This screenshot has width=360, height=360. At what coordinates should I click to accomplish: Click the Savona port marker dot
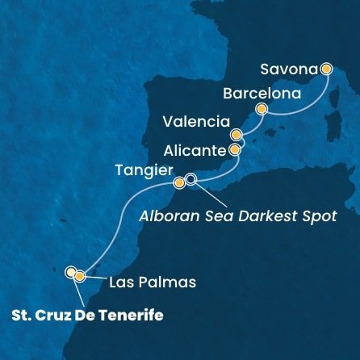(327, 69)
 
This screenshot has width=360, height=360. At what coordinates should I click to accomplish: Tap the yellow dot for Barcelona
(261, 108)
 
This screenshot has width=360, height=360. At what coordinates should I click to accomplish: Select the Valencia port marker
(236, 135)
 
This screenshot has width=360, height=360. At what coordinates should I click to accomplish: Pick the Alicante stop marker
(234, 149)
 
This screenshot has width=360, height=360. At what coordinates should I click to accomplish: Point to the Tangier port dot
(179, 182)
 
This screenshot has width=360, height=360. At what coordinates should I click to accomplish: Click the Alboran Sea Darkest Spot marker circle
(191, 180)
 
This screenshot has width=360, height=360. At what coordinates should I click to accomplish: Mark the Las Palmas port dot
(80, 276)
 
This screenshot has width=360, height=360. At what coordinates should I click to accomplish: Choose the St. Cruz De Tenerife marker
(71, 272)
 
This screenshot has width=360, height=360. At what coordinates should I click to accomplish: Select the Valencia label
(194, 123)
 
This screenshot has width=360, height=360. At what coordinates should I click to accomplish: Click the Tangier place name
(147, 171)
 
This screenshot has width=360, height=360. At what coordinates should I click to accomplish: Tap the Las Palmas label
(142, 283)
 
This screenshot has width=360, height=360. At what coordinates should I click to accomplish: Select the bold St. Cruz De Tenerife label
(89, 315)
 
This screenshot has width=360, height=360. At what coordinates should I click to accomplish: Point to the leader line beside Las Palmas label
(94, 280)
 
